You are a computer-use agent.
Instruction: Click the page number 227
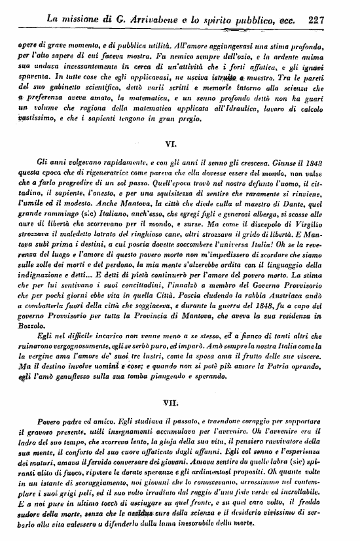(x=317, y=20)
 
